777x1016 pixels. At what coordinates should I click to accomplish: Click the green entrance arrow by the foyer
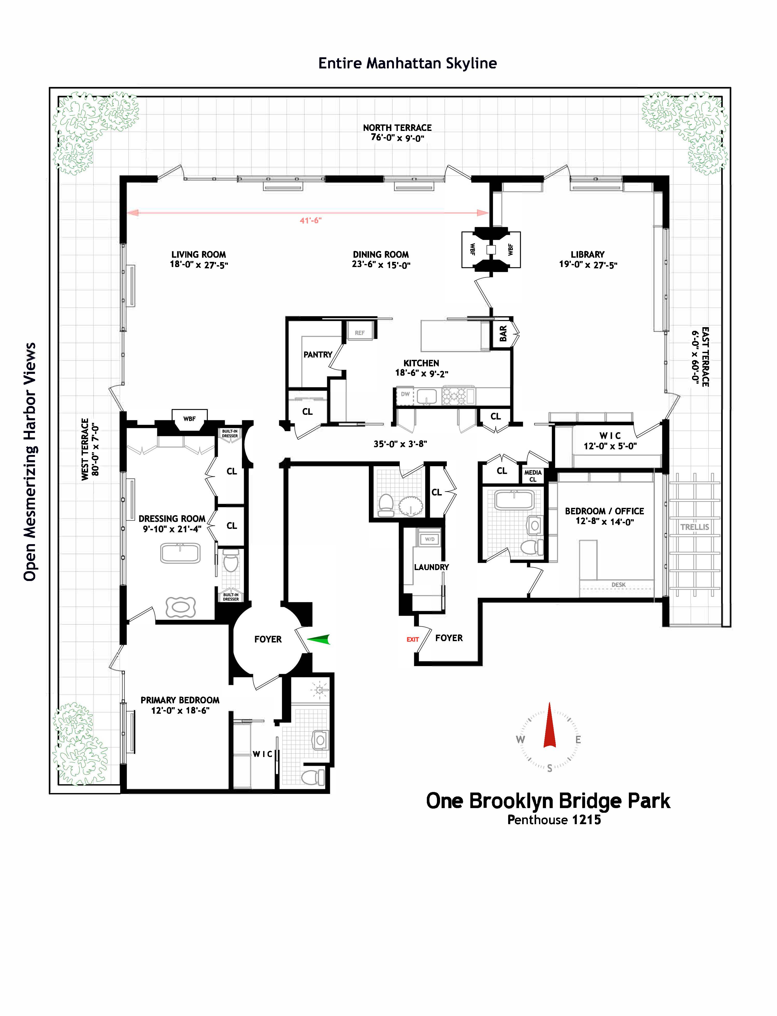(319, 639)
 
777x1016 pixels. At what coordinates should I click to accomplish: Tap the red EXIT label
(413, 640)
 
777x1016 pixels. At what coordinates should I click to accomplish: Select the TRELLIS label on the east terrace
(694, 527)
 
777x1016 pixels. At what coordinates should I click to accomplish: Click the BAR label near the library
(503, 334)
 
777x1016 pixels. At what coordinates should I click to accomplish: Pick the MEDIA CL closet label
(533, 476)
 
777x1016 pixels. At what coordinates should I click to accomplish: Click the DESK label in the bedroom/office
(618, 585)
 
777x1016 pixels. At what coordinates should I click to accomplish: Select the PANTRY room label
(318, 355)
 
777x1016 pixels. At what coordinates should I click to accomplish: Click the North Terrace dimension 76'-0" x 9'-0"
(397, 138)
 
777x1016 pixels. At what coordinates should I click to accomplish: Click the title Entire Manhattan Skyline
(407, 64)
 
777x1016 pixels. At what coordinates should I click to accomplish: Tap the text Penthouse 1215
(554, 820)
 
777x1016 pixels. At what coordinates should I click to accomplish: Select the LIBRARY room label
(587, 255)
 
